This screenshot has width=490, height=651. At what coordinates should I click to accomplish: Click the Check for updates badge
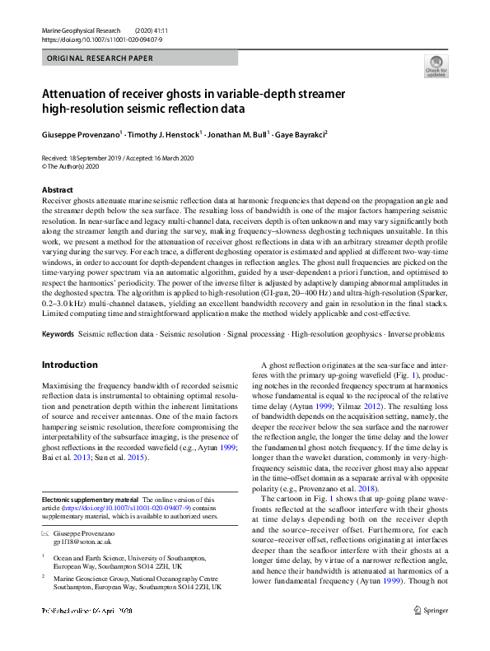[436, 67]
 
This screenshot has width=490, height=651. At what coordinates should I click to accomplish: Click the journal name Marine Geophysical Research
[81, 30]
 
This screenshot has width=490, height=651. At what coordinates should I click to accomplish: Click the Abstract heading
[57, 189]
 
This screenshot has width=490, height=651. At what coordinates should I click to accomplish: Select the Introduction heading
[69, 365]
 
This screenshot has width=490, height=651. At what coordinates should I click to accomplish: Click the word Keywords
[58, 335]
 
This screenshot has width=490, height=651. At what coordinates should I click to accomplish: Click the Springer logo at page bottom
[431, 633]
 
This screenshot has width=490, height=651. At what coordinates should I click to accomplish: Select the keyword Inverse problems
[427, 335]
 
